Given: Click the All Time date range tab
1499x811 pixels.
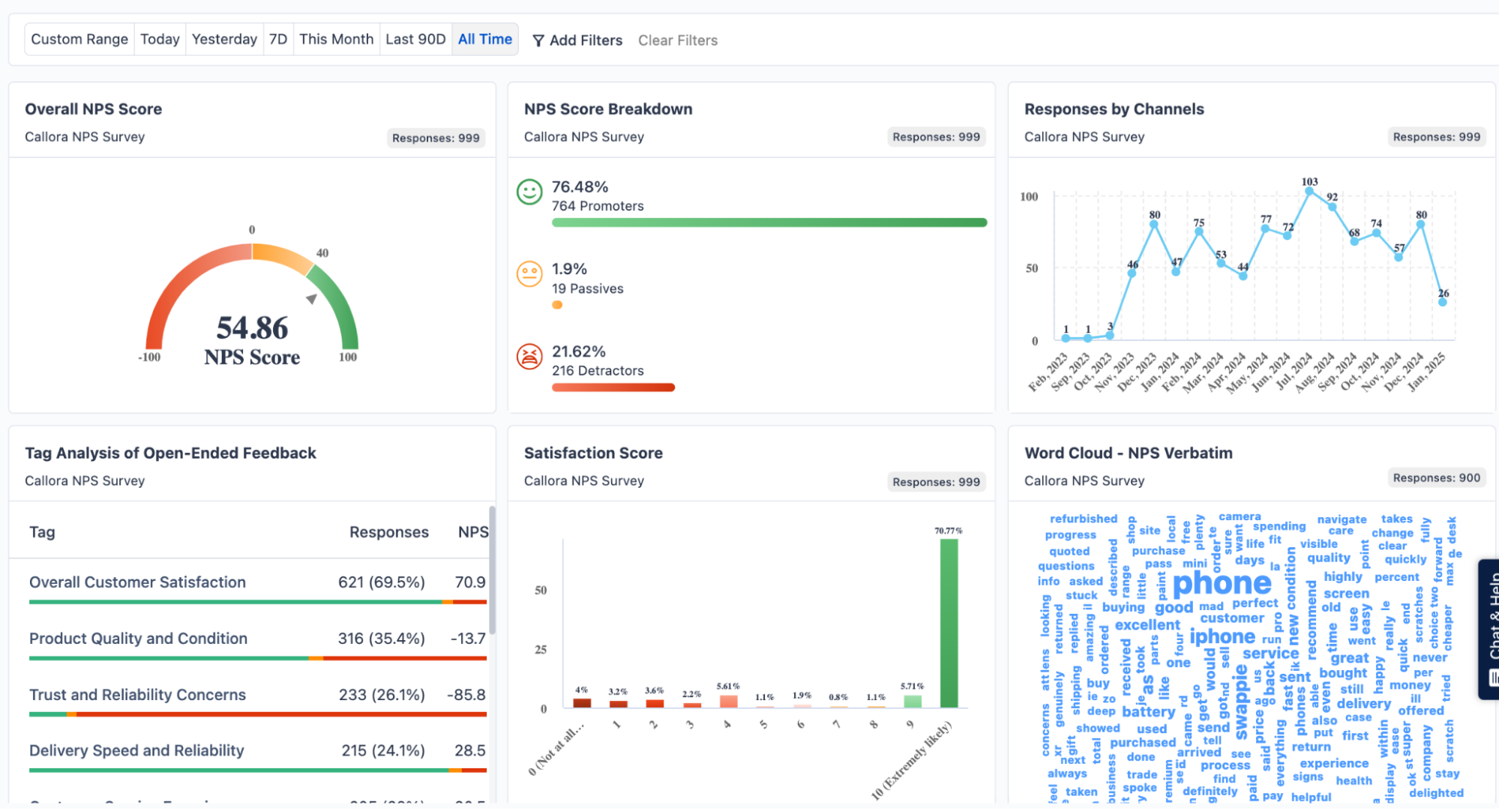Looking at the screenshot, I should (x=484, y=39).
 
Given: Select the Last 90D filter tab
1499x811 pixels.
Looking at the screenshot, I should (x=415, y=39).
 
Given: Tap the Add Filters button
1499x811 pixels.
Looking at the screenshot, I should (x=577, y=40).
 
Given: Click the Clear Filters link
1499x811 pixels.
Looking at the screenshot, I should (x=677, y=40).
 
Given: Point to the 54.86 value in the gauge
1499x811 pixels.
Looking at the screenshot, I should (x=252, y=328).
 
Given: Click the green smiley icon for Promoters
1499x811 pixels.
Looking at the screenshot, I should (x=529, y=192).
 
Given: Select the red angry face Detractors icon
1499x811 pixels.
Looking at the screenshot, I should (x=529, y=357).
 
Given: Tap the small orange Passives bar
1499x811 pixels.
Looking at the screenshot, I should (x=557, y=305).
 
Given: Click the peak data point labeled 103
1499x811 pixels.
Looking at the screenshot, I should (x=1309, y=192).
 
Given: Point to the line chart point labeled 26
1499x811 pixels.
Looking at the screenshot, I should (x=1442, y=302).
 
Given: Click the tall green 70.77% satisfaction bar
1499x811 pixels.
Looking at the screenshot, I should (x=949, y=622).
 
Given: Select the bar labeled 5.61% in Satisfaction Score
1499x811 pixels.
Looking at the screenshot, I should (x=728, y=702).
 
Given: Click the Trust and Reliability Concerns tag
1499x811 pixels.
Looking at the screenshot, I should (x=137, y=695).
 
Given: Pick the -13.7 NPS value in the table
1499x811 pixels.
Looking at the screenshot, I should (x=468, y=639).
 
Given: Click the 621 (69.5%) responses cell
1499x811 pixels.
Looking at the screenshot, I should (x=381, y=582).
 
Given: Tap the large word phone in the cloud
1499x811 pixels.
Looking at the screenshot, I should (x=1222, y=583).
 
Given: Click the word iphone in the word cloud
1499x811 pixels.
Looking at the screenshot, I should (x=1222, y=636).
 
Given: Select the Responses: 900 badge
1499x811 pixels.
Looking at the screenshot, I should (x=1436, y=478).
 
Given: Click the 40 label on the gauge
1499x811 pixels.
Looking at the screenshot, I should (x=322, y=253).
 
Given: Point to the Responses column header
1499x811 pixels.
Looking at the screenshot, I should (x=388, y=532).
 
